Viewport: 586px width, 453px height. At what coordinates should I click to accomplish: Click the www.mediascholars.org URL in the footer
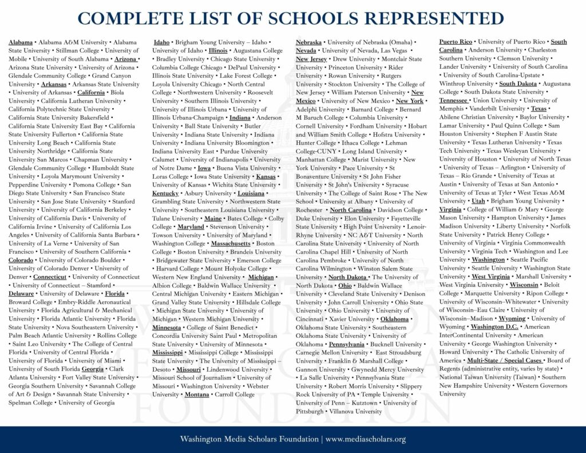click(x=366, y=439)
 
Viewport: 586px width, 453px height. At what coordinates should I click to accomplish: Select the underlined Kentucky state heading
click(x=165, y=193)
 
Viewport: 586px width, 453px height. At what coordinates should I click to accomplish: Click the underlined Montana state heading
click(x=197, y=394)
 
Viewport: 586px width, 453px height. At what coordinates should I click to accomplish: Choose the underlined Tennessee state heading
click(x=453, y=100)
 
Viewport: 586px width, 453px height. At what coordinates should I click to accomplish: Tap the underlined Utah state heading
click(x=478, y=201)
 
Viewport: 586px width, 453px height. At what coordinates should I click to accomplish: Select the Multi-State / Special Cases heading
click(x=505, y=360)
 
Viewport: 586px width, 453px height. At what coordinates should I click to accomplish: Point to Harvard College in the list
click(x=179, y=269)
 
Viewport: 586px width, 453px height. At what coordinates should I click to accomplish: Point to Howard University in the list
click(x=464, y=352)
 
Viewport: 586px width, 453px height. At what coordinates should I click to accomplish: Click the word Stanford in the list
click(x=123, y=201)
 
